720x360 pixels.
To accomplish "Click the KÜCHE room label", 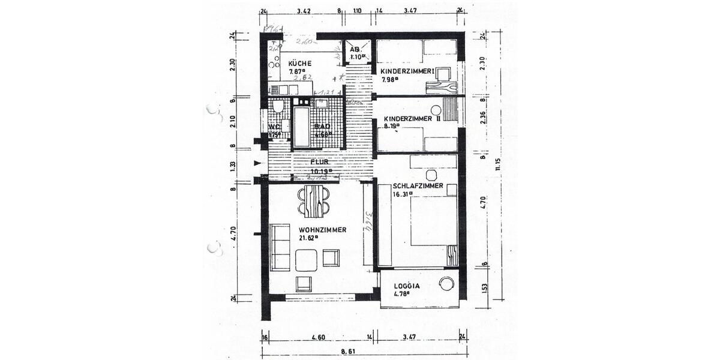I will click(x=299, y=63).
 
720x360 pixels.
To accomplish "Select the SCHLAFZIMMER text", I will click(x=418, y=186).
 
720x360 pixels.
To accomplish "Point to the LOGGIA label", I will click(x=407, y=286).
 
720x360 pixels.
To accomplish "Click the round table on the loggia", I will click(x=447, y=284).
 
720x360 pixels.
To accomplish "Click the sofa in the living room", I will click(x=279, y=246).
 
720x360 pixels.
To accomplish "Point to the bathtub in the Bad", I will click(x=302, y=127).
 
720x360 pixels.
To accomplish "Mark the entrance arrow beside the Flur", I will click(x=257, y=163).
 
